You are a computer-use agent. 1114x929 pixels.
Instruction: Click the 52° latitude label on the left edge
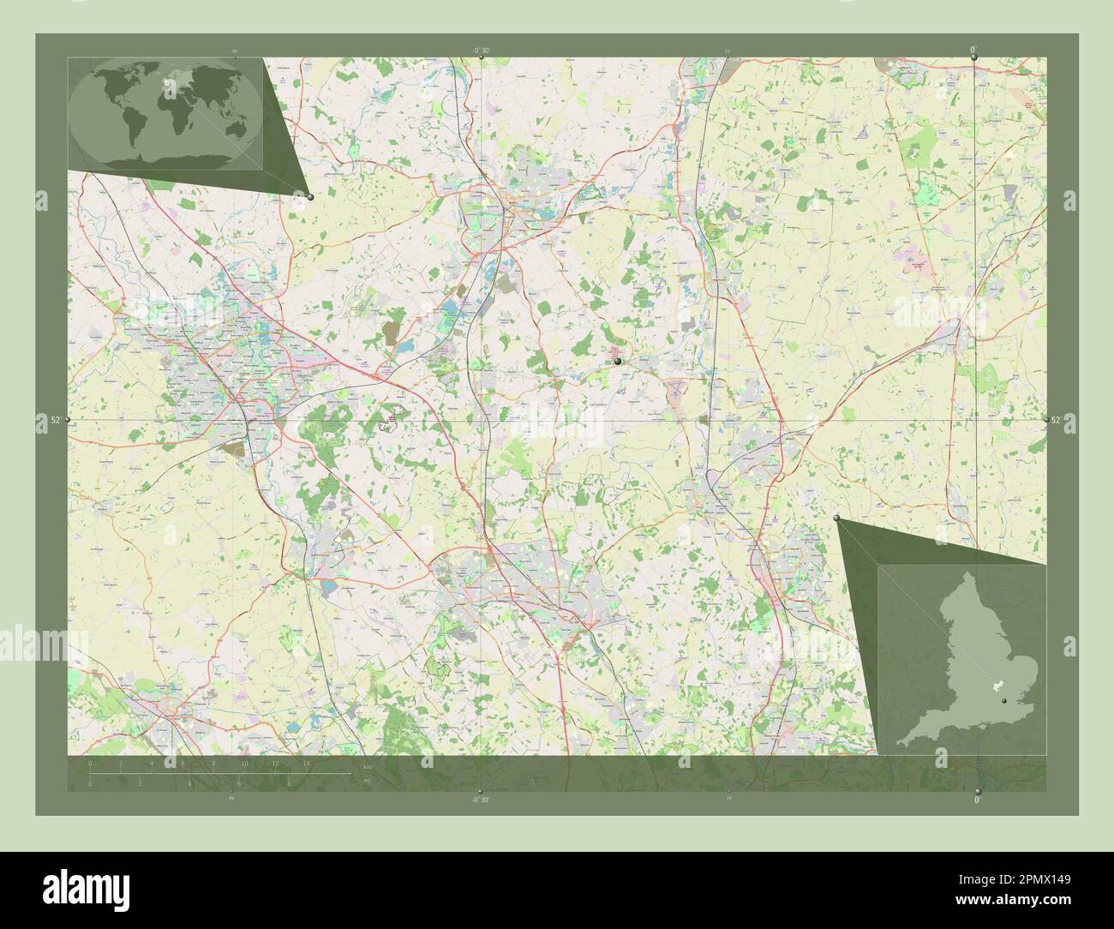point(55,420)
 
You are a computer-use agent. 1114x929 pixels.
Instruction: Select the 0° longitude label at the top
point(973,51)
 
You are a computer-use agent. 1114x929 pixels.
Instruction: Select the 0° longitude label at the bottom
point(978,800)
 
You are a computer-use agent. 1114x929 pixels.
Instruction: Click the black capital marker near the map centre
point(617,363)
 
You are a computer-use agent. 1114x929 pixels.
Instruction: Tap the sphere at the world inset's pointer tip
point(309,197)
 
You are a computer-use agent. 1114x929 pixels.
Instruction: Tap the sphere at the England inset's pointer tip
point(836,518)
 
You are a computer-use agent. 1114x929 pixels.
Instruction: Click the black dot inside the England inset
point(1003,700)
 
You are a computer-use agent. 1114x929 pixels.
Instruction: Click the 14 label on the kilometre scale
point(306,763)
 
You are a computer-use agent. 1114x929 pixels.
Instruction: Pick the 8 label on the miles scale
point(289,782)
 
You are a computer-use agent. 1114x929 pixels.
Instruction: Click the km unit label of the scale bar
point(367,767)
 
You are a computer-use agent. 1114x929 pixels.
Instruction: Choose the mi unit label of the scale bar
point(367,781)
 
